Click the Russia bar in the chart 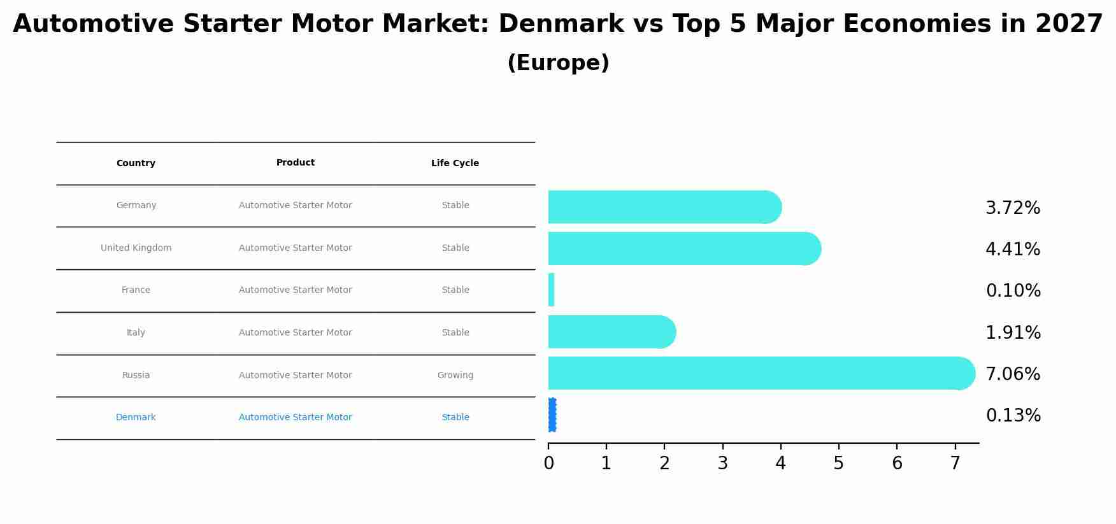pyautogui.click(x=758, y=373)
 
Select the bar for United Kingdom pyautogui.click(x=682, y=248)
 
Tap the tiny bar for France pyautogui.click(x=551, y=290)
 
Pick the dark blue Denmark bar pyautogui.click(x=552, y=415)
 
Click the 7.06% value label pyautogui.click(x=1013, y=374)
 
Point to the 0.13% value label pyautogui.click(x=1013, y=416)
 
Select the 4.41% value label pyautogui.click(x=1013, y=250)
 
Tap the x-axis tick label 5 pyautogui.click(x=838, y=464)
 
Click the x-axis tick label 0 pyautogui.click(x=548, y=464)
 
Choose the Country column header pyautogui.click(x=136, y=164)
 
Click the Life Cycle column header pyautogui.click(x=455, y=164)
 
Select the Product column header pyautogui.click(x=295, y=163)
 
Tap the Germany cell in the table pyautogui.click(x=136, y=206)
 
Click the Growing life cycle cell pyautogui.click(x=455, y=376)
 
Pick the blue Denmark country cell pyautogui.click(x=136, y=418)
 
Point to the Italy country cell pyautogui.click(x=136, y=333)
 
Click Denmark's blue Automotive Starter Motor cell pyautogui.click(x=295, y=418)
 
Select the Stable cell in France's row pyautogui.click(x=455, y=290)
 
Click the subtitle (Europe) pyautogui.click(x=558, y=63)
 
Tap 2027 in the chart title pyautogui.click(x=1069, y=24)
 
